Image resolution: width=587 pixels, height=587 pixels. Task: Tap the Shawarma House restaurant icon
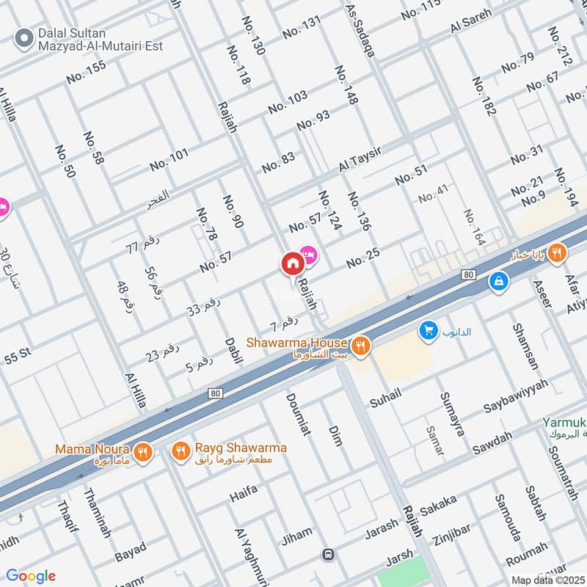360,346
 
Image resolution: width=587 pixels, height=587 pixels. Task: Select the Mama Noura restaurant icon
143,452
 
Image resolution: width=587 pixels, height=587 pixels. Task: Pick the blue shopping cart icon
428,331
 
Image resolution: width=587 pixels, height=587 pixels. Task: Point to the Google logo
30,576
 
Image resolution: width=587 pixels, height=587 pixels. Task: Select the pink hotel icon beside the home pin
308,254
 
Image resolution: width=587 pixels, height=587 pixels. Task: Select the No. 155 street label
86,71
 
